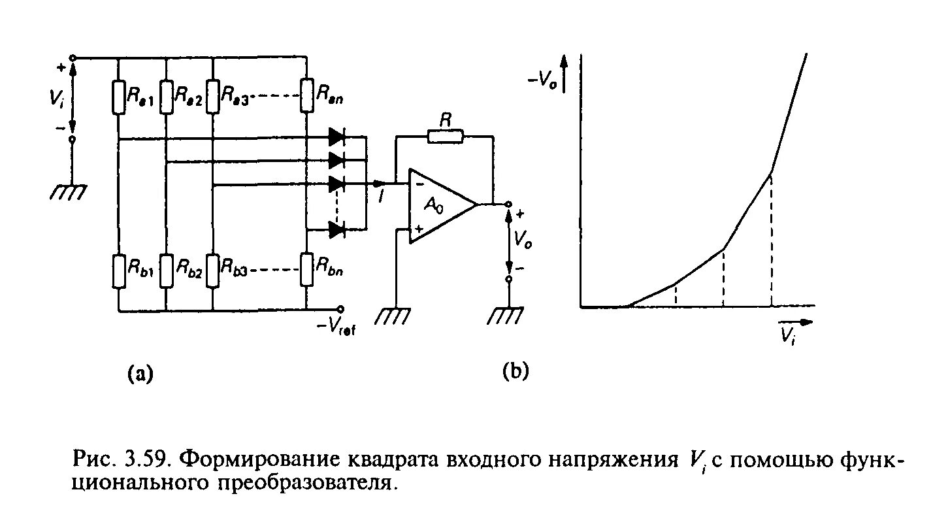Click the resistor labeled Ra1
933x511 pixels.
coord(118,96)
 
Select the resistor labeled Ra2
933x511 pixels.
coord(167,96)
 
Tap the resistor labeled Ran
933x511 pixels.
coord(306,96)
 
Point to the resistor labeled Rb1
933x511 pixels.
coord(118,271)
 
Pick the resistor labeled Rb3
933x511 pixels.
coord(214,271)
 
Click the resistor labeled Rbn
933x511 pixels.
coord(306,271)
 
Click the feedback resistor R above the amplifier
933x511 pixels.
coord(445,137)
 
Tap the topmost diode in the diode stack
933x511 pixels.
coord(337,137)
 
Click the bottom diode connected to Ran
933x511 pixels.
coord(337,229)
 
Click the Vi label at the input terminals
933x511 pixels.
coord(56,99)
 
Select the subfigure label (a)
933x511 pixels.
coord(139,373)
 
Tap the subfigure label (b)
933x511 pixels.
coord(515,371)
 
